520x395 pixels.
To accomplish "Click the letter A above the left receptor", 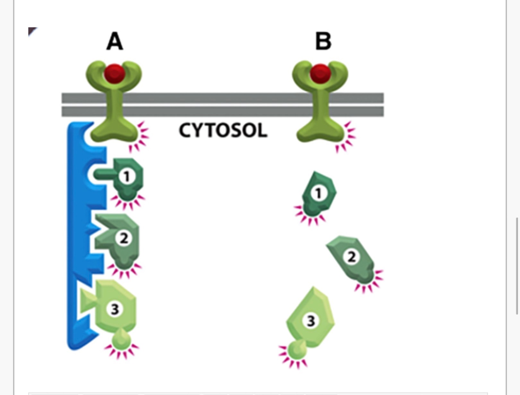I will click(114, 41).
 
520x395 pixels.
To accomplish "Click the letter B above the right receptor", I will click(323, 41).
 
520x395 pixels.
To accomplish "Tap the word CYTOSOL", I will click(222, 131).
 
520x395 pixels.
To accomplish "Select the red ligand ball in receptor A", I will click(115, 74).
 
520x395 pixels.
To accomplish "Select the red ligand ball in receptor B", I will click(320, 74).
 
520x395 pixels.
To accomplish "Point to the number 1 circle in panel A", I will click(126, 176).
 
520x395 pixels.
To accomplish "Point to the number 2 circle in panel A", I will click(123, 238).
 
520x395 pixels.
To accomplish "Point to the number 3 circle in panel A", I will click(115, 309).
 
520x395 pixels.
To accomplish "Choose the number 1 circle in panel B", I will click(318, 193).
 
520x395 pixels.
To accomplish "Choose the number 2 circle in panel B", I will click(351, 257).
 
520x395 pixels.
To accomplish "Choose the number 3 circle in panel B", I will click(311, 320).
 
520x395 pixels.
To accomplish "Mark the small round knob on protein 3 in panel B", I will click(296, 350).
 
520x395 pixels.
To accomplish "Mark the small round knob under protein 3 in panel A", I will click(121, 340).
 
